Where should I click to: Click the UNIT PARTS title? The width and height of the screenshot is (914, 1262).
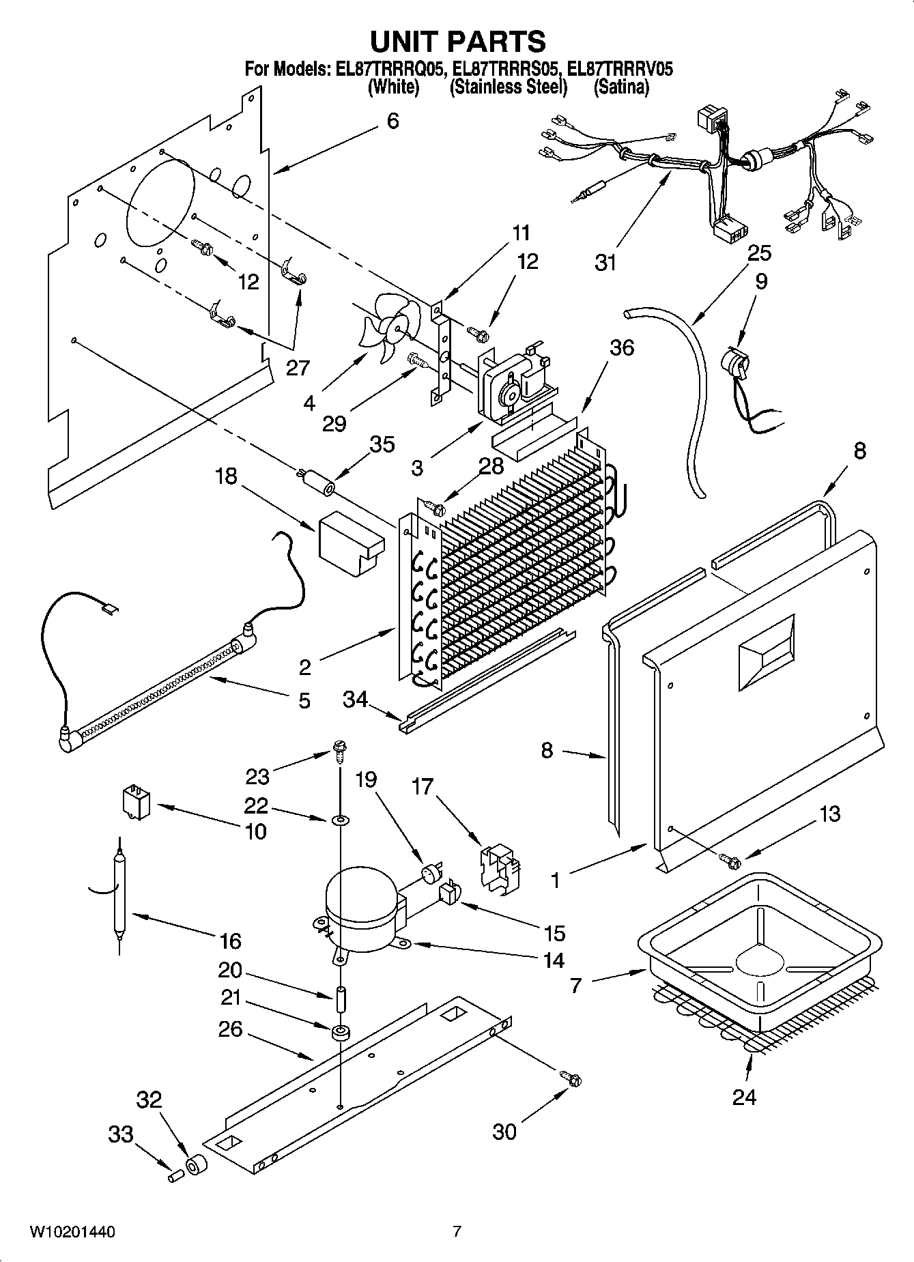(457, 42)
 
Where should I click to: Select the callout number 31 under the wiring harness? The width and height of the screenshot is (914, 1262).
(605, 262)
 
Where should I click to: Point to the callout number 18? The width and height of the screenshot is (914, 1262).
(226, 476)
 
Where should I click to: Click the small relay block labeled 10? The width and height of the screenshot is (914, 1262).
(136, 800)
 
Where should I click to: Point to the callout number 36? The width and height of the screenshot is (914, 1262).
(621, 347)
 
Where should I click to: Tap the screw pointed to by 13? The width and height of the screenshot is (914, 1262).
(728, 861)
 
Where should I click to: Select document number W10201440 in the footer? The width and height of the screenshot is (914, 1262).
(72, 1232)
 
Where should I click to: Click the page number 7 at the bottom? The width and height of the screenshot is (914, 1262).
(457, 1232)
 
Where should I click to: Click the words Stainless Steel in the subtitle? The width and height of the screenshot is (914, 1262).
(509, 87)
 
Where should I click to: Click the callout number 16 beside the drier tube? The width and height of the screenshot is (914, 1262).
(230, 941)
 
